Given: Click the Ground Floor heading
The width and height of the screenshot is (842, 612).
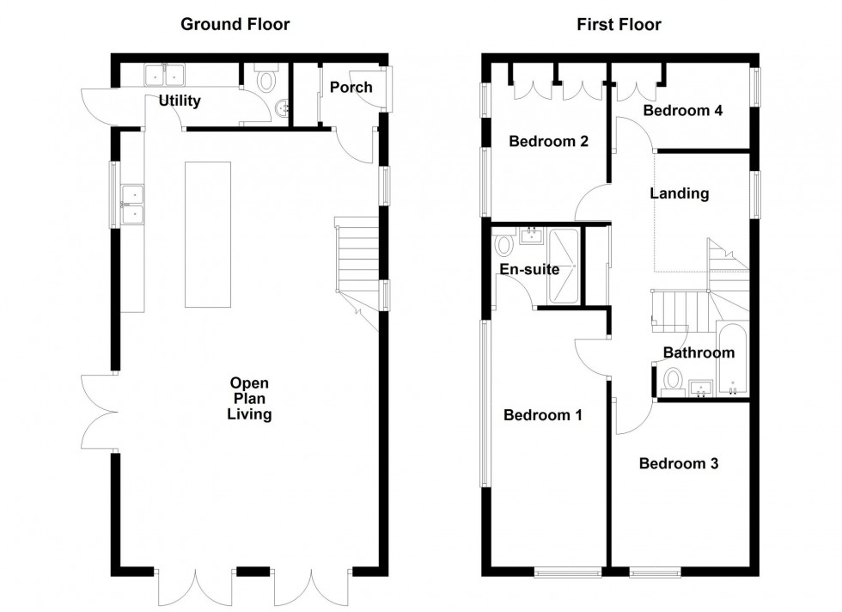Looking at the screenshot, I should [235, 24].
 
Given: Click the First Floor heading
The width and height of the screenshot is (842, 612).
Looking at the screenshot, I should [619, 24].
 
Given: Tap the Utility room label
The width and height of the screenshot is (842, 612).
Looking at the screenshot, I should [180, 101].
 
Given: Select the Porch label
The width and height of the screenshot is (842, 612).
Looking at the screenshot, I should [351, 87].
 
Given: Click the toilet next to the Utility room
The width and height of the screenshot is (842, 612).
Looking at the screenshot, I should [266, 82].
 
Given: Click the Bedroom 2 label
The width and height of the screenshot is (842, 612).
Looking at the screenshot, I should [548, 141].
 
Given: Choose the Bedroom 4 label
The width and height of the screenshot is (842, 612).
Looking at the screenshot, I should [683, 111].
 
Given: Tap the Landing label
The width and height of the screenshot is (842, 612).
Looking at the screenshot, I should [679, 193].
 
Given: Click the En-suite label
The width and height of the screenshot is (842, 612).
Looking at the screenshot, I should [529, 269].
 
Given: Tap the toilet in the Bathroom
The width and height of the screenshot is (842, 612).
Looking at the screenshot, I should [672, 379].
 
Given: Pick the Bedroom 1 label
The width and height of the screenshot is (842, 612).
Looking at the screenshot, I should [543, 416].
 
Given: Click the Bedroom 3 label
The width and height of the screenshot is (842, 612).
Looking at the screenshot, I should [679, 463].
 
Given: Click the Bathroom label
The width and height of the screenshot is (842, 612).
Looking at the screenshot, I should [699, 352].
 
